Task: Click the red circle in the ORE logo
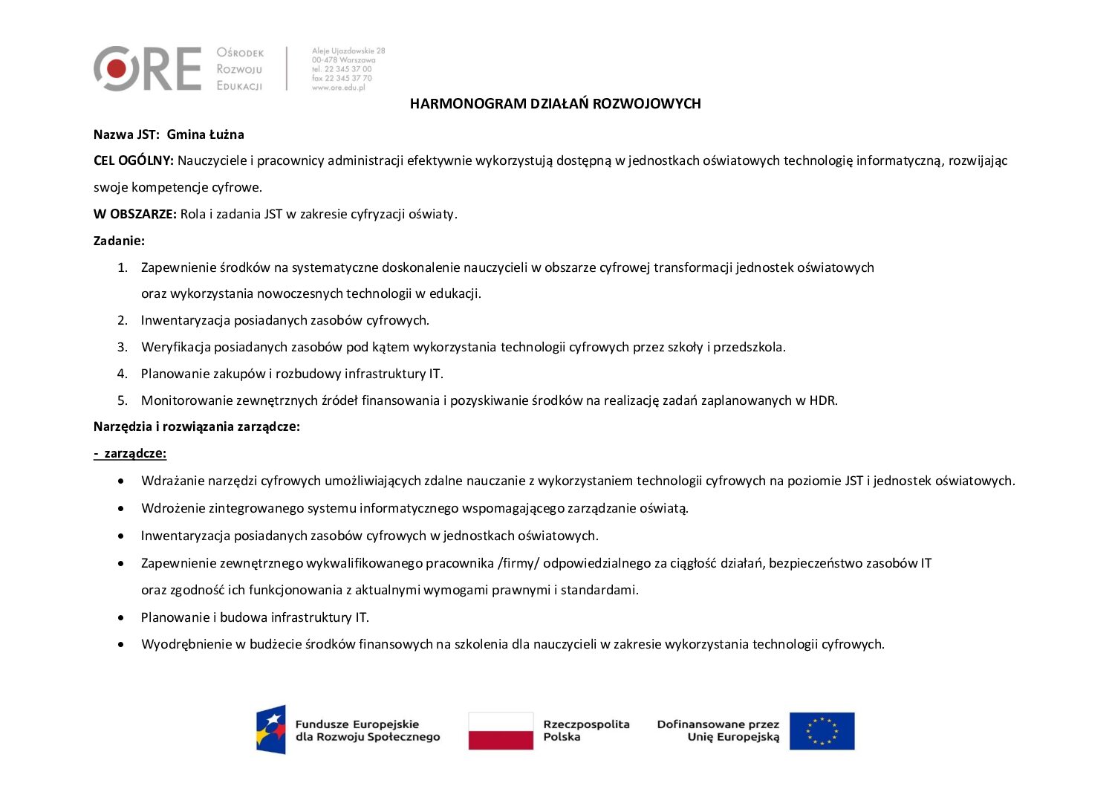click(116, 69)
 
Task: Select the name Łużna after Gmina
click(227, 134)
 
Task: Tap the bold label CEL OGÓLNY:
click(134, 160)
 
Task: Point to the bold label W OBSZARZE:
click(134, 214)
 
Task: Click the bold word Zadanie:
click(119, 241)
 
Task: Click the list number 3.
click(122, 347)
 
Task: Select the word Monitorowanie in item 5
click(186, 400)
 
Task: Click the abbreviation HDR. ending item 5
click(823, 400)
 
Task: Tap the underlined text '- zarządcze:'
click(130, 453)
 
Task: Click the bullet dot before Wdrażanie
click(121, 481)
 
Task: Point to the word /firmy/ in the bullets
click(517, 563)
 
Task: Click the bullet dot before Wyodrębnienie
click(121, 645)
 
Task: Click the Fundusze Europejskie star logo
click(271, 730)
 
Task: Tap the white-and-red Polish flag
click(501, 731)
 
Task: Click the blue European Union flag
click(822, 731)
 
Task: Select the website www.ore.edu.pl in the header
click(339, 88)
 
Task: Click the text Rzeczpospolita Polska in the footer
click(586, 730)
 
